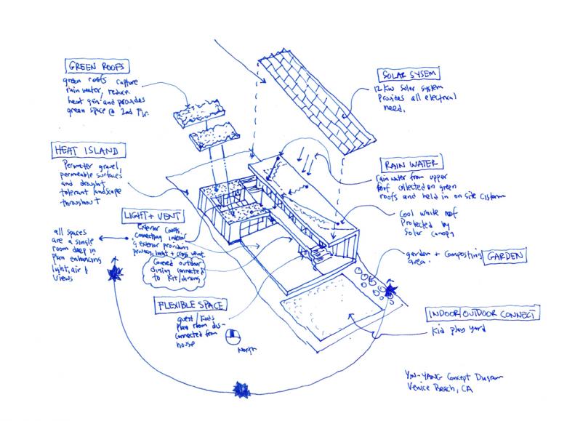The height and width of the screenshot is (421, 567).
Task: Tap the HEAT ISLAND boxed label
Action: click(85, 151)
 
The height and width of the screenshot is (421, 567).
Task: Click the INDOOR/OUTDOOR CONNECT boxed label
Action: click(483, 314)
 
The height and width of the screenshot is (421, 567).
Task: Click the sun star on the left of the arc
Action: click(113, 273)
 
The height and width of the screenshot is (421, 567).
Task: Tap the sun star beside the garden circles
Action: click(391, 291)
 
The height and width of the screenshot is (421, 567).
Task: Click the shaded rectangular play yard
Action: click(323, 313)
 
